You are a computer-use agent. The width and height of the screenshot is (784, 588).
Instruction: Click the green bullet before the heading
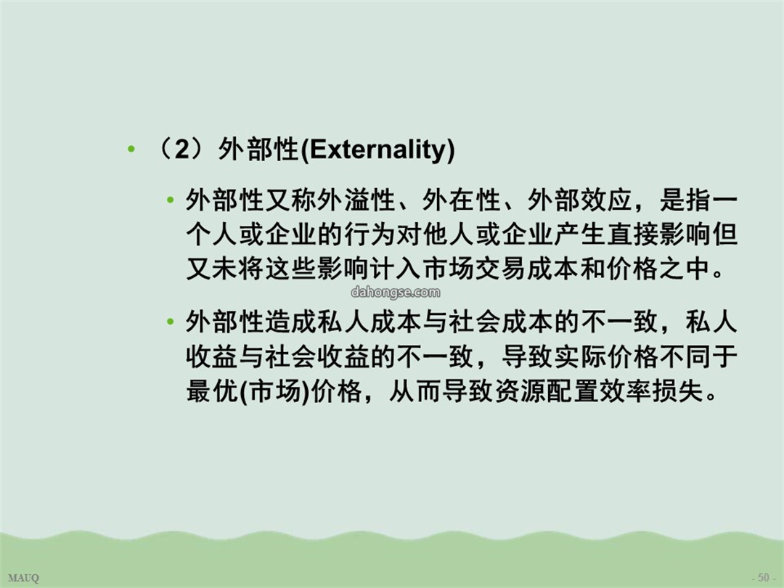click(x=131, y=149)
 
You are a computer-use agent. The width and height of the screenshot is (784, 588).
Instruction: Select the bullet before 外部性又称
click(x=170, y=201)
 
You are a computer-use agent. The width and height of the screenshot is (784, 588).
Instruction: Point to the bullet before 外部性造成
click(x=170, y=322)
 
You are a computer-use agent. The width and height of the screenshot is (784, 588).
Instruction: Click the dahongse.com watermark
click(x=396, y=292)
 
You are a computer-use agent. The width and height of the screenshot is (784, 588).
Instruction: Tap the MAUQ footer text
click(x=23, y=579)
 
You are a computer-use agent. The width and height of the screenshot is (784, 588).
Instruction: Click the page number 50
click(x=764, y=578)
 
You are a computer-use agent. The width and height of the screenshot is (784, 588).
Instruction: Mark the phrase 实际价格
click(x=606, y=356)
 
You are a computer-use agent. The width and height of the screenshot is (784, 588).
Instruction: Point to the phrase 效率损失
click(x=650, y=391)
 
